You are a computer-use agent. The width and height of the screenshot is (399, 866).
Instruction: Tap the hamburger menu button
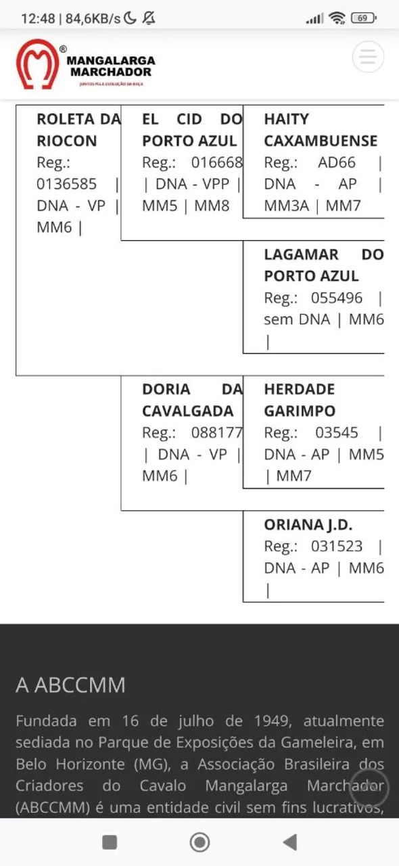pyautogui.click(x=368, y=57)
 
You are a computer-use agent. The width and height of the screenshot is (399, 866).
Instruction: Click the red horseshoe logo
pyautogui.click(x=37, y=64)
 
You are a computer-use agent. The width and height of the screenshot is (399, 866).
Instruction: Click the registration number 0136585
pyautogui.click(x=66, y=184)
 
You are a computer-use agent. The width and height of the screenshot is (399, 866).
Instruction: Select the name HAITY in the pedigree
pyautogui.click(x=286, y=119)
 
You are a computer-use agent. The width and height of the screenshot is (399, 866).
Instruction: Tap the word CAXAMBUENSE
pyautogui.click(x=321, y=141)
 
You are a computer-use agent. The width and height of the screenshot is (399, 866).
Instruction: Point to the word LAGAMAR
pyautogui.click(x=301, y=254)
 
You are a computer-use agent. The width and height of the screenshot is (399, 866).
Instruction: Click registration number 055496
pyautogui.click(x=337, y=298)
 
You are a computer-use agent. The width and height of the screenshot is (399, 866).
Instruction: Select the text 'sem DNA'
pyautogui.click(x=297, y=319)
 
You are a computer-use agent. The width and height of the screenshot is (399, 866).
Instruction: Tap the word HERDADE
pyautogui.click(x=299, y=389)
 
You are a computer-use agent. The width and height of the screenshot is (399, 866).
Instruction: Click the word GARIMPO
pyautogui.click(x=299, y=411)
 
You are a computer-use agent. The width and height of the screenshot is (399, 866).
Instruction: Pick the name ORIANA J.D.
pyautogui.click(x=308, y=524)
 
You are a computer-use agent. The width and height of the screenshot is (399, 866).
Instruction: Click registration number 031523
pyautogui.click(x=337, y=546)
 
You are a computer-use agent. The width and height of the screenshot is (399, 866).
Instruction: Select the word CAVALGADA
pyautogui.click(x=187, y=411)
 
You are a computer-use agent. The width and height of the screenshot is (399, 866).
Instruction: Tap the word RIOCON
pyautogui.click(x=66, y=141)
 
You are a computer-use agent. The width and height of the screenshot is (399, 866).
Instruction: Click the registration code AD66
pyautogui.click(x=336, y=162)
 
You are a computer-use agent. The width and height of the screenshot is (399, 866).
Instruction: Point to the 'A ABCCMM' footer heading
pyautogui.click(x=70, y=685)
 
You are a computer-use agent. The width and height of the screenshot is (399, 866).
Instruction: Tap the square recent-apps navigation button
pyautogui.click(x=110, y=842)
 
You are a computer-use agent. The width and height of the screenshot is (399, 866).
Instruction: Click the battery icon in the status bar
pyautogui.click(x=363, y=18)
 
